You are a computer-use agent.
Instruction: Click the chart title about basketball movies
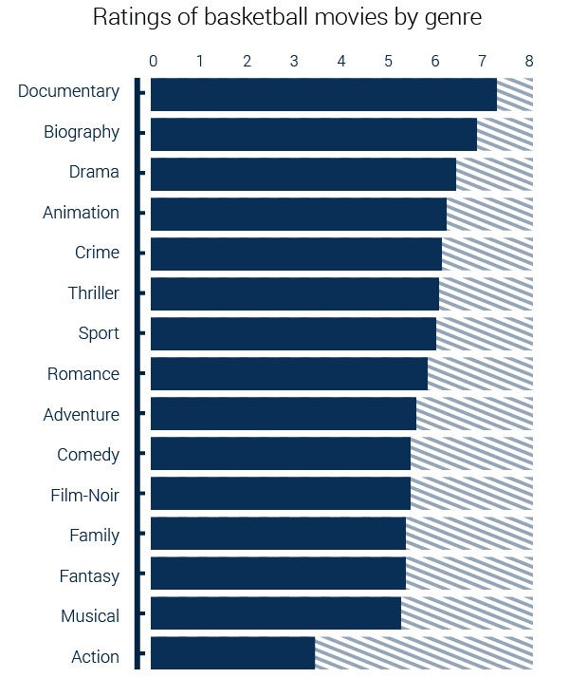pyautogui.click(x=286, y=18)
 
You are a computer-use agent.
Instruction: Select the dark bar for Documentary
pyautogui.click(x=323, y=94)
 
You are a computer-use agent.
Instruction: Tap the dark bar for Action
pyautogui.click(x=232, y=653)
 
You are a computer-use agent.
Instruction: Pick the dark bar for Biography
pyautogui.click(x=313, y=134)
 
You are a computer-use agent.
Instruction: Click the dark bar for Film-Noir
pyautogui.click(x=281, y=494)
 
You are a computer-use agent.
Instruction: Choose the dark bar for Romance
pyautogui.click(x=289, y=374)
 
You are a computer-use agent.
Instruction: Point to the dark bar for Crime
pyautogui.click(x=296, y=254)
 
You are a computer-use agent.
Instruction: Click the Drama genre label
pyautogui.click(x=94, y=172)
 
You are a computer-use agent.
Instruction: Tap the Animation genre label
pyautogui.click(x=81, y=213)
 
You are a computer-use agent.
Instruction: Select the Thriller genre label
pyautogui.click(x=93, y=292)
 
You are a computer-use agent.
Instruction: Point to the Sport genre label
pyautogui.click(x=99, y=333)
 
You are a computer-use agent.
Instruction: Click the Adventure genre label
pyautogui.click(x=81, y=415)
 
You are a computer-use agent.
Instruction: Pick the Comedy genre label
pyautogui.click(x=88, y=455)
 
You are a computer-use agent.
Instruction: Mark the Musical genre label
pyautogui.click(x=90, y=616)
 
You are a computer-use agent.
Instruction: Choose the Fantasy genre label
pyautogui.click(x=89, y=576)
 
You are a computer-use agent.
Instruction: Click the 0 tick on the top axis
pyautogui.click(x=153, y=61)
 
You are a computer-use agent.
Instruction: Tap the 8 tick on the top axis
pyautogui.click(x=529, y=61)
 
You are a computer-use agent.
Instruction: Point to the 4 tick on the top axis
pyautogui.click(x=341, y=61)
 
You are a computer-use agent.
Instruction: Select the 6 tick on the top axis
pyautogui.click(x=435, y=61)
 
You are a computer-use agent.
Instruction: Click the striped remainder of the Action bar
pyautogui.click(x=424, y=653)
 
